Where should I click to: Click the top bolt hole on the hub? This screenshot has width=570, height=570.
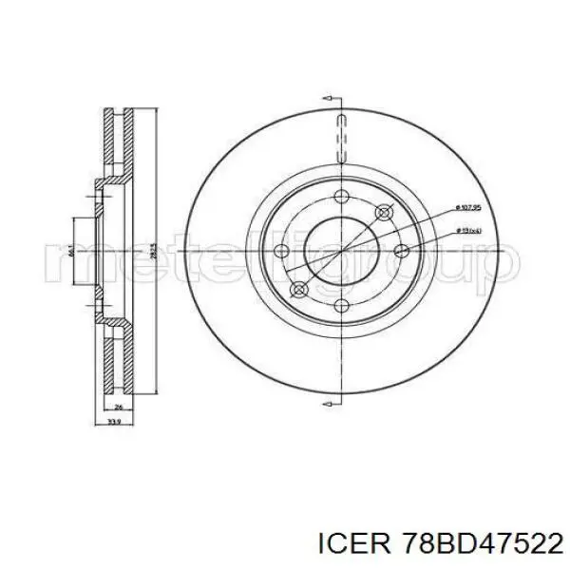[340, 199]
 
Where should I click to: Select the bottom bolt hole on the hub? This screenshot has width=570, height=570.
[340, 304]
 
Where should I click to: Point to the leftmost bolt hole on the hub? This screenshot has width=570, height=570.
[280, 251]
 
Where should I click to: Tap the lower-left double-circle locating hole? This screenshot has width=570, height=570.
[298, 289]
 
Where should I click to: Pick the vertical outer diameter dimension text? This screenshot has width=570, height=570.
[152, 252]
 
